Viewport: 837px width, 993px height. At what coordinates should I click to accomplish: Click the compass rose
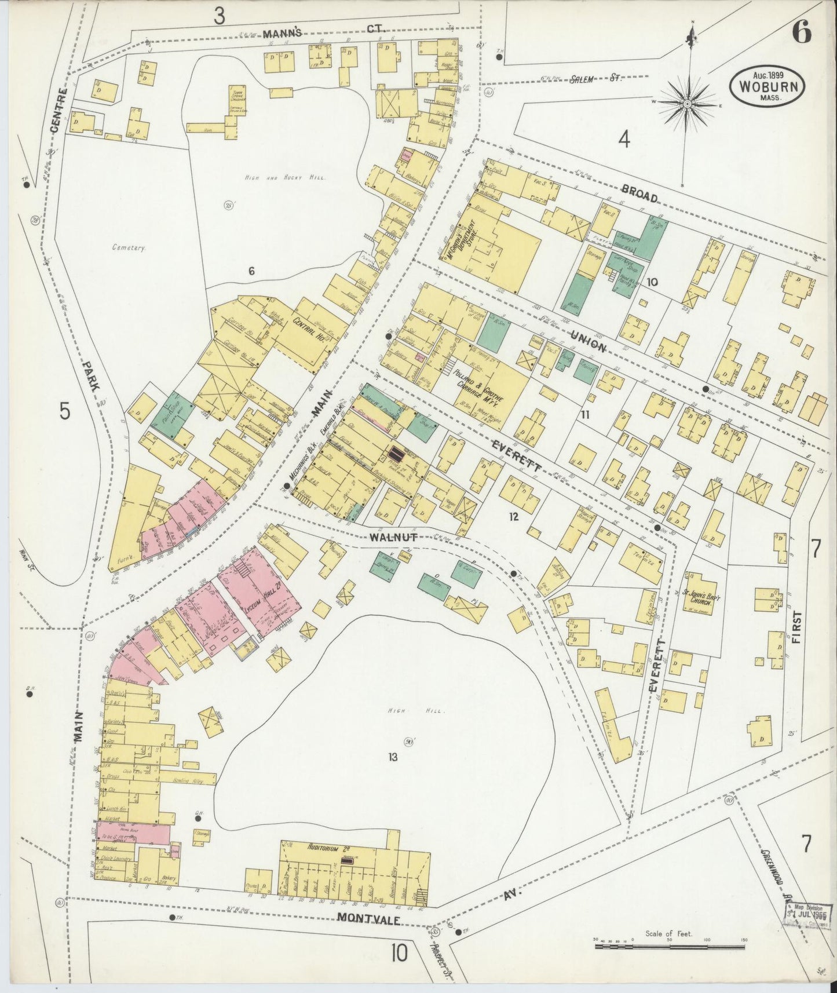tap(687, 104)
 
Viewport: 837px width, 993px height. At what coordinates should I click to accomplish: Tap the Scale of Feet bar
tap(670, 946)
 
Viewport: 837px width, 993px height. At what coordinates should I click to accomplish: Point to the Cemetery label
tap(128, 247)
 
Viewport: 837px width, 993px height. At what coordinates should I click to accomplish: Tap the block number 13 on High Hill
tap(393, 757)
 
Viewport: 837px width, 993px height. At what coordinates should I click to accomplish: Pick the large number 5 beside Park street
tap(65, 411)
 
